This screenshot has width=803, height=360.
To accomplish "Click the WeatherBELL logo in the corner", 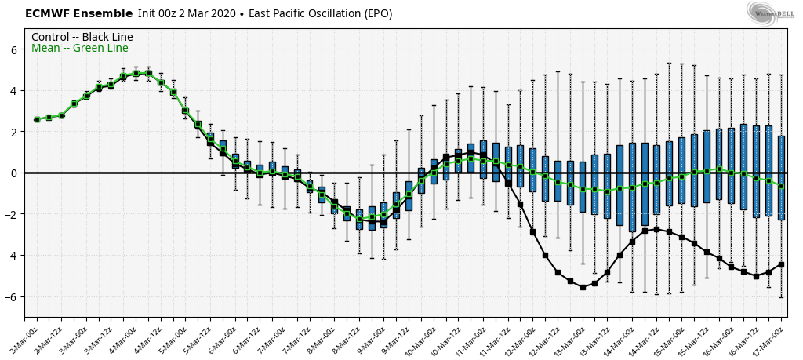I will pos(770,13).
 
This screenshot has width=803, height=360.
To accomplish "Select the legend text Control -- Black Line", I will pos(82,37).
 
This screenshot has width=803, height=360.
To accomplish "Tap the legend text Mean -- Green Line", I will pos(79,49).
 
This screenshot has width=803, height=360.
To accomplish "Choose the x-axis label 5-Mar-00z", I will pos(175,332).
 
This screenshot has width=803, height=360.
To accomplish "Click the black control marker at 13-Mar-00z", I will pos(583,287).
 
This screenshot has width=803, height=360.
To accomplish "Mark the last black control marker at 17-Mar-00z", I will pos(781,264).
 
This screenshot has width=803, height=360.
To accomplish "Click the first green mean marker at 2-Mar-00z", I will pos(37,119).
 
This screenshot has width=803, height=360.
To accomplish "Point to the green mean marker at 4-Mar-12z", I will pos(161,82).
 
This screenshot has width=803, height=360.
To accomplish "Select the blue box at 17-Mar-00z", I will pos(781,177).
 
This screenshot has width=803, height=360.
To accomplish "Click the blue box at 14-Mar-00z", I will pos(632,187).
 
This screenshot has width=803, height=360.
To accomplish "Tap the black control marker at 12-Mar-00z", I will pos(533,232).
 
